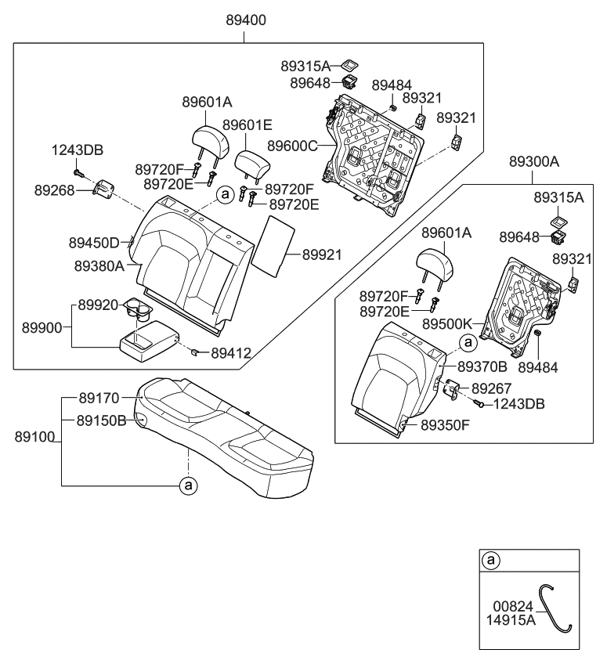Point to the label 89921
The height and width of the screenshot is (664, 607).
click(323, 254)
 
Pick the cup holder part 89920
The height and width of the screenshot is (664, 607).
click(139, 311)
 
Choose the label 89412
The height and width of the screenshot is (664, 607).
click(229, 354)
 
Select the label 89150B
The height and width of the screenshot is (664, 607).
click(101, 420)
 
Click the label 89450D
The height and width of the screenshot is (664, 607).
click(92, 243)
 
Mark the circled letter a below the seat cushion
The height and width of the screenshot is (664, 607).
click(188, 485)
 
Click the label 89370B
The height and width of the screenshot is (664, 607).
click(482, 366)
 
